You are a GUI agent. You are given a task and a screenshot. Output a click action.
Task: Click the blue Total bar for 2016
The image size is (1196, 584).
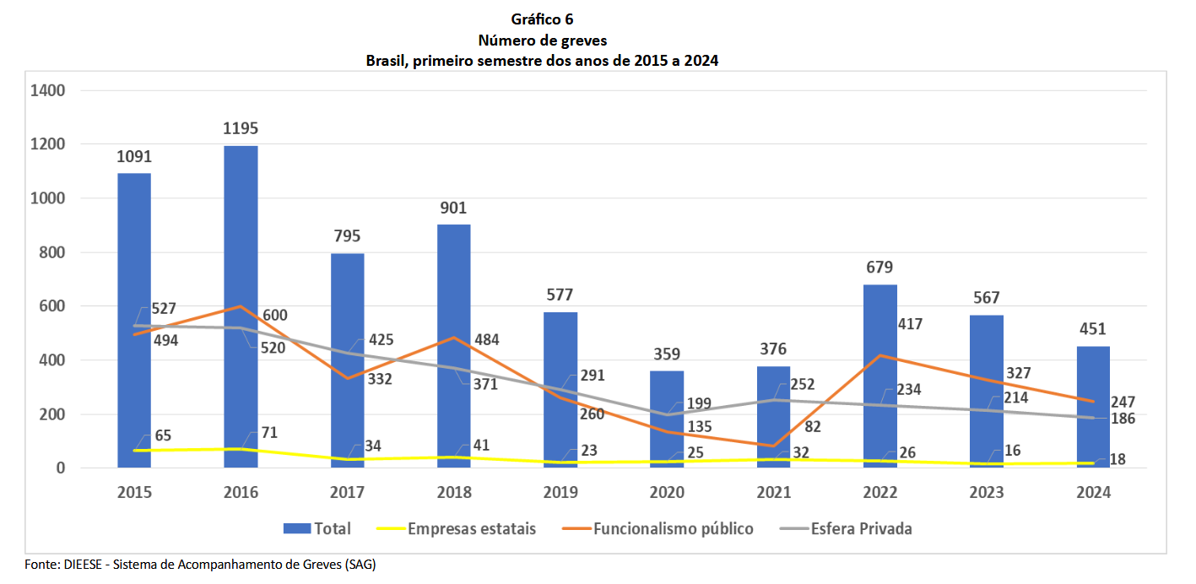click(241, 304)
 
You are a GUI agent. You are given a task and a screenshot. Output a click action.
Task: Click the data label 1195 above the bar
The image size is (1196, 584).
click(241, 129)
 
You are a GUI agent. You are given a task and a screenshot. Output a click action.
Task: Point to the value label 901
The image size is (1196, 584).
click(453, 208)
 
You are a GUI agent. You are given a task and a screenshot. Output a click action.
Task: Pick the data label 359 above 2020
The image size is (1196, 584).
click(667, 354)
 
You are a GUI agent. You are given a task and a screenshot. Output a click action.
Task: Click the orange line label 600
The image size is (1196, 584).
click(273, 316)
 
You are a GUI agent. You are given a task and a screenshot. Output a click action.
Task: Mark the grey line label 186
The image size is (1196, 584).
click(1123, 418)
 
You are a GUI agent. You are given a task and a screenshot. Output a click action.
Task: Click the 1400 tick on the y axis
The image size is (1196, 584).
click(48, 90)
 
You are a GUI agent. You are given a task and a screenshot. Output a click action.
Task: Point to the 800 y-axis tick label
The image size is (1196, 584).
click(52, 252)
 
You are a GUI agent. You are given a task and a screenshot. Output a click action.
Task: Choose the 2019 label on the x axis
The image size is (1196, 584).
click(560, 492)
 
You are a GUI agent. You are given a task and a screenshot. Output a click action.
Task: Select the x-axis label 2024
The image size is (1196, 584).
click(1093, 492)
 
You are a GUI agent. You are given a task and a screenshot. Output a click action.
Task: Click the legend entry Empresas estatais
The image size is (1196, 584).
click(471, 529)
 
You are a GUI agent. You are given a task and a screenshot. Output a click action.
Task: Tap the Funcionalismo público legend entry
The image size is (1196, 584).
click(673, 529)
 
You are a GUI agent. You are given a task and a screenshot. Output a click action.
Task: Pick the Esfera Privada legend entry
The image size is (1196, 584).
click(861, 529)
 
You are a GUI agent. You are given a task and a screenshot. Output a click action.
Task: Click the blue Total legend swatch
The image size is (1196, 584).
click(296, 529)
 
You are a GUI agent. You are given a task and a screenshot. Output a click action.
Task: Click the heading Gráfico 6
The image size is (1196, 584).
click(542, 19)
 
